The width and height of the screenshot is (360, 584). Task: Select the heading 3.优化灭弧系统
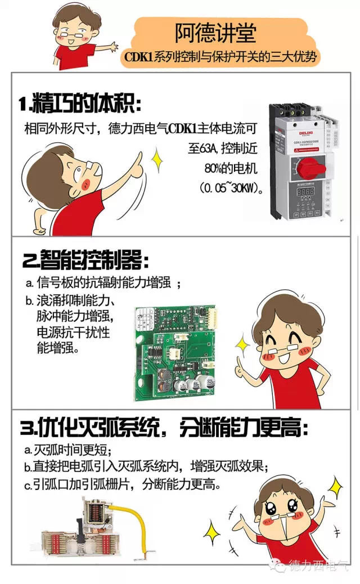(163, 429)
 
